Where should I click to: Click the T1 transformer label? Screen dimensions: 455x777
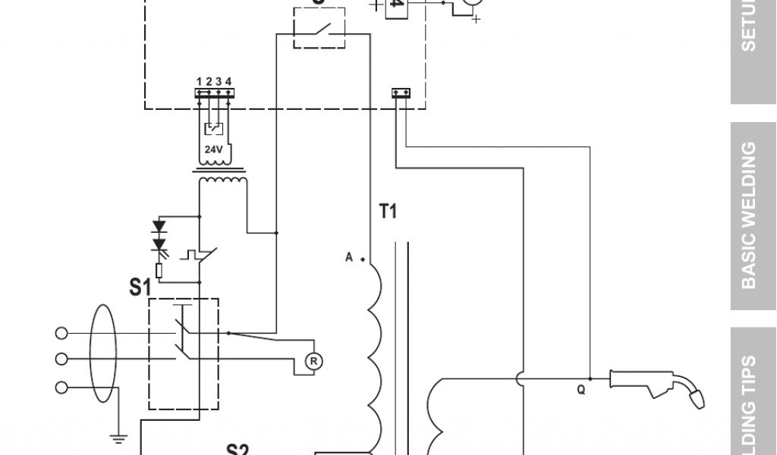[388, 212]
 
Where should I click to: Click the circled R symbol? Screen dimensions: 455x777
[313, 362]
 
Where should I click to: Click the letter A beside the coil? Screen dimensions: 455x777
[349, 258]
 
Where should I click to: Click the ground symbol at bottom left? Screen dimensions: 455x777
[118, 438]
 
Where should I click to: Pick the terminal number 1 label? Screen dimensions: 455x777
[199, 82]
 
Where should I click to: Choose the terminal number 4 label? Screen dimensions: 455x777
[228, 82]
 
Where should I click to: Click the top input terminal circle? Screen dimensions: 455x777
[61, 333]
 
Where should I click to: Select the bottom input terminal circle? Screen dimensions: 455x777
[61, 388]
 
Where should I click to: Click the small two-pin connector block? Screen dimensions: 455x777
[401, 93]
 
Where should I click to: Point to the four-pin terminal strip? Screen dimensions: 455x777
[215, 93]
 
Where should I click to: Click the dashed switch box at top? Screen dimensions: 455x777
[319, 29]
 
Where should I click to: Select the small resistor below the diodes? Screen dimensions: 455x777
[159, 270]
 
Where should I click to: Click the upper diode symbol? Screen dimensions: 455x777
[159, 227]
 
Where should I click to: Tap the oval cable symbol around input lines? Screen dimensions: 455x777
[102, 356]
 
